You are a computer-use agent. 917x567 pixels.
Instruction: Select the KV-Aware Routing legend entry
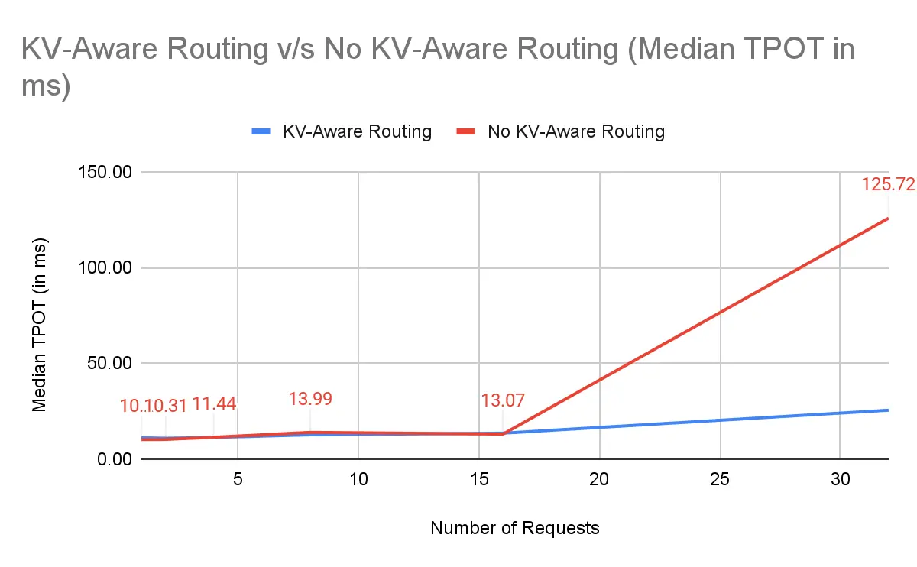(357, 131)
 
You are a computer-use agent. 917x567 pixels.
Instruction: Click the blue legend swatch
(262, 131)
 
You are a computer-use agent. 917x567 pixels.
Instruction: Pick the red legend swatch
(467, 131)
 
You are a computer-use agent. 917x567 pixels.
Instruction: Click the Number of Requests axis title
(514, 528)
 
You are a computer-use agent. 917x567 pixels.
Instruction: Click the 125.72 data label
(888, 185)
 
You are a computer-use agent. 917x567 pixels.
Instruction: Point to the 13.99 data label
(310, 399)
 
